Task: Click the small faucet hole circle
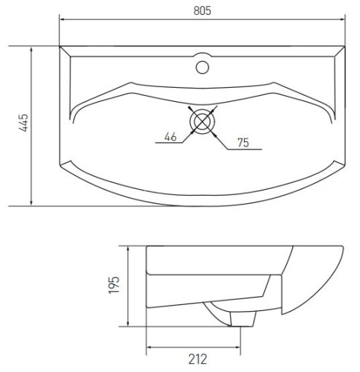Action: (x=202, y=66)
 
